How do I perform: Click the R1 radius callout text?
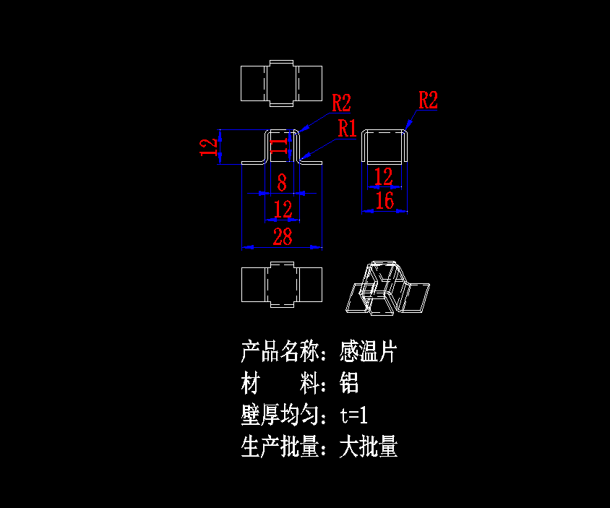point(348,129)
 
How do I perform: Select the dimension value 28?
point(282,236)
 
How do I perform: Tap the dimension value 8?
point(282,182)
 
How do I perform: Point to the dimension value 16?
point(385,201)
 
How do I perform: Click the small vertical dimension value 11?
point(278,146)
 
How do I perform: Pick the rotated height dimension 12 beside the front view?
point(209,147)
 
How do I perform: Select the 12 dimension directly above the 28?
point(283,210)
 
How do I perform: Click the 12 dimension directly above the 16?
point(384,176)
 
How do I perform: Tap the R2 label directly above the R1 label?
point(341,103)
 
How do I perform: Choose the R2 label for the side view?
point(428,100)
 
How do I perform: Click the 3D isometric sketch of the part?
point(387,287)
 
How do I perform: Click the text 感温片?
point(369,352)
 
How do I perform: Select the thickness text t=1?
point(354,416)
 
